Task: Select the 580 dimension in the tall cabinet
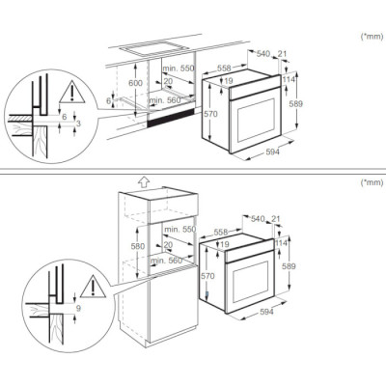point(137,247)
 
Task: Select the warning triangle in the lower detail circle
point(90,285)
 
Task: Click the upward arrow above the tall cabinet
point(143,180)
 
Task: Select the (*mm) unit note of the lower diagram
point(370,181)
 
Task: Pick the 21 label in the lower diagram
point(281,220)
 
